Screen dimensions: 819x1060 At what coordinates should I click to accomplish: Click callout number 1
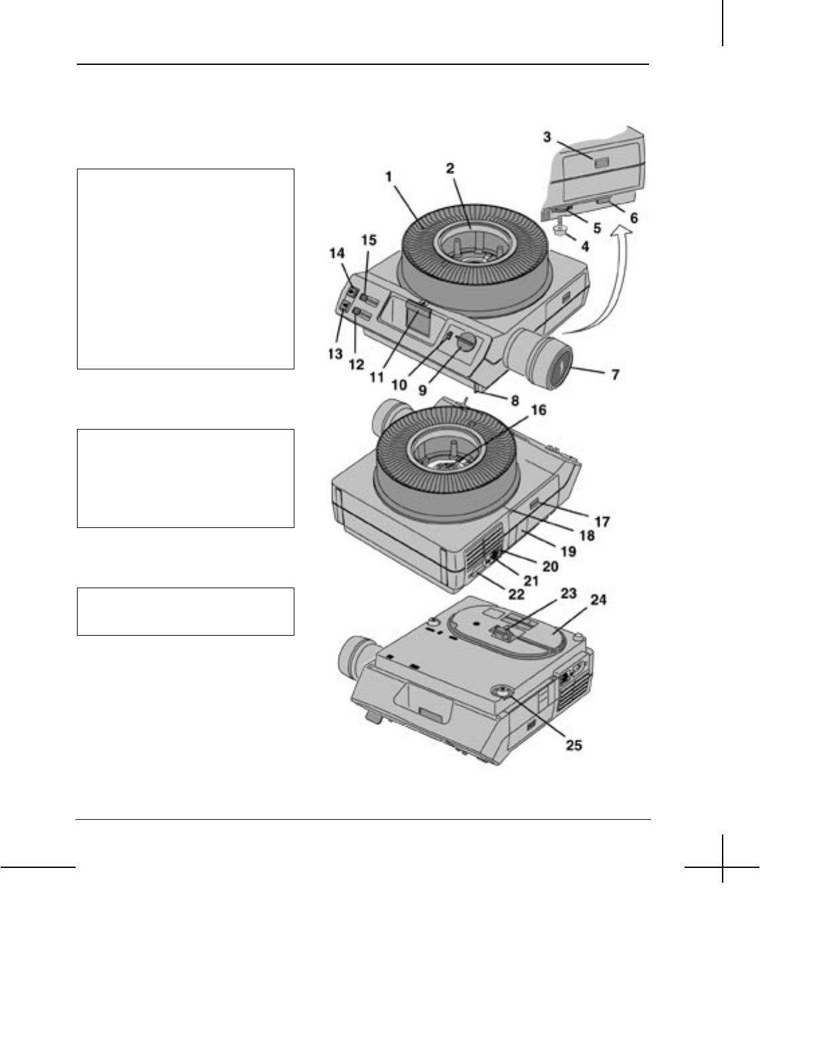389,177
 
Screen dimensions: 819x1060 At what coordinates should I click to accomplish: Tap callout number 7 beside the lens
614,374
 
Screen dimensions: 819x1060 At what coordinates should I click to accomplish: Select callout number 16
538,410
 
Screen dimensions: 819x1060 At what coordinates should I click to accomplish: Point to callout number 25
573,744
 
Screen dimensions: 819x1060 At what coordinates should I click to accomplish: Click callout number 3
547,137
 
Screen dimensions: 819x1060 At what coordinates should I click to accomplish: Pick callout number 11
377,377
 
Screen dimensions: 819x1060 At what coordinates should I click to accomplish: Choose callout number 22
516,594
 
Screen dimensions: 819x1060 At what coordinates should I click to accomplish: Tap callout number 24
598,600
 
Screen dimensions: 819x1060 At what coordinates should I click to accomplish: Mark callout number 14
337,253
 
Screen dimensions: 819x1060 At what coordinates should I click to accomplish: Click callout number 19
568,551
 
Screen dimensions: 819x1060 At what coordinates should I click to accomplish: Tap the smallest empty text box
185,611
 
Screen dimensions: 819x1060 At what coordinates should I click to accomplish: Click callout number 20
550,567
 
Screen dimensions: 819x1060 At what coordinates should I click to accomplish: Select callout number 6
633,218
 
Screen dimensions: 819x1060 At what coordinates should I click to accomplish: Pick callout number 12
356,364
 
